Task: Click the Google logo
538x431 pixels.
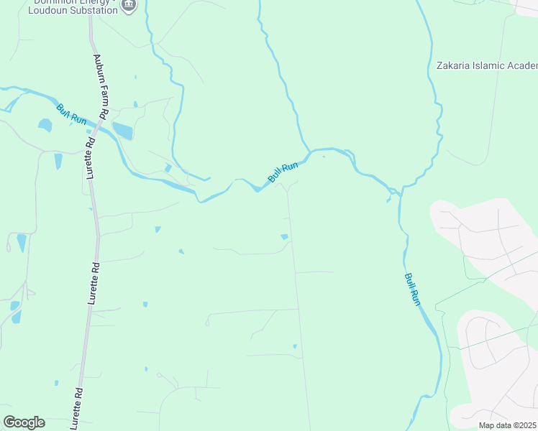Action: [24, 422]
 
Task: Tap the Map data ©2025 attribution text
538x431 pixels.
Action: [506, 425]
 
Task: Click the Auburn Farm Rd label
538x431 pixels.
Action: [100, 86]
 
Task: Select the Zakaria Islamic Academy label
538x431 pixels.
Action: [487, 66]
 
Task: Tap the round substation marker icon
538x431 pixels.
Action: [129, 6]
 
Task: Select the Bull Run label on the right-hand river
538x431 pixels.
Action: [411, 289]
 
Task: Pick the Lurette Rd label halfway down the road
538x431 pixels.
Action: [94, 285]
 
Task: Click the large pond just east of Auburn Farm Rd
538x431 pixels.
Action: [123, 131]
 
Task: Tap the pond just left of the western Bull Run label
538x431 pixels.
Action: [45, 125]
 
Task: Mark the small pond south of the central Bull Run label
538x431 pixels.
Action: [285, 236]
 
